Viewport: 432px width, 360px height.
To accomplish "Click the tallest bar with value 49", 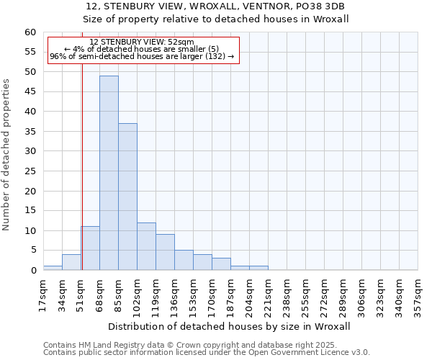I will click(x=109, y=173).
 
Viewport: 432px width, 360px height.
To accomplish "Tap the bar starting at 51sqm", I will click(x=90, y=248).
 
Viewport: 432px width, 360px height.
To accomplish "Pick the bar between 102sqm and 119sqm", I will click(x=146, y=246).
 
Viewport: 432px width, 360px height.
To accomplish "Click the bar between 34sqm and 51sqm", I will click(x=71, y=262).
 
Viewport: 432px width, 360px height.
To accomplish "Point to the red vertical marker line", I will click(x=82, y=166).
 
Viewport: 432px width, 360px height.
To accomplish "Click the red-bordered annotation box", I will click(x=142, y=50).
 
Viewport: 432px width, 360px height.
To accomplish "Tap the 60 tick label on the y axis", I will click(x=30, y=32).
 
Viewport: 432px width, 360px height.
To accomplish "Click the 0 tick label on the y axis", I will click(x=33, y=271).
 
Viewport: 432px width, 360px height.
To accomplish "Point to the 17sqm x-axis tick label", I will click(x=44, y=296).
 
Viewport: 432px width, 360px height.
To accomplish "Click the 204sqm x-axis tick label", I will click(x=250, y=296).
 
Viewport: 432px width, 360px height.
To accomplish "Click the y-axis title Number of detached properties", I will click(x=7, y=155).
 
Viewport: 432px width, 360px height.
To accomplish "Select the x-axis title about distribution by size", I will click(x=230, y=326).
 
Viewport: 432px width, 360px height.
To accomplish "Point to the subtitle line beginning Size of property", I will click(x=216, y=19).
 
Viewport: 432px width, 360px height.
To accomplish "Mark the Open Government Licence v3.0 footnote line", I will click(x=207, y=352).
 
